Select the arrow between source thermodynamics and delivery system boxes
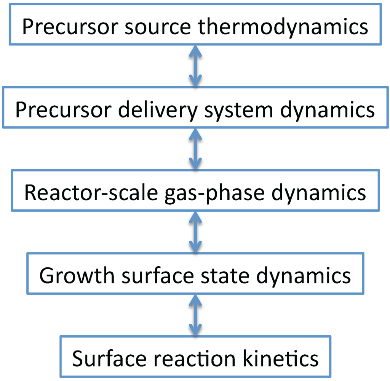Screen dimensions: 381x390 [195, 65]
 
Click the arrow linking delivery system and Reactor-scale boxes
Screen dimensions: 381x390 [195, 148]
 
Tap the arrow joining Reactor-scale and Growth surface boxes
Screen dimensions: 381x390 [195, 231]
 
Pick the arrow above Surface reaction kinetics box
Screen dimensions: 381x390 [195, 314]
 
